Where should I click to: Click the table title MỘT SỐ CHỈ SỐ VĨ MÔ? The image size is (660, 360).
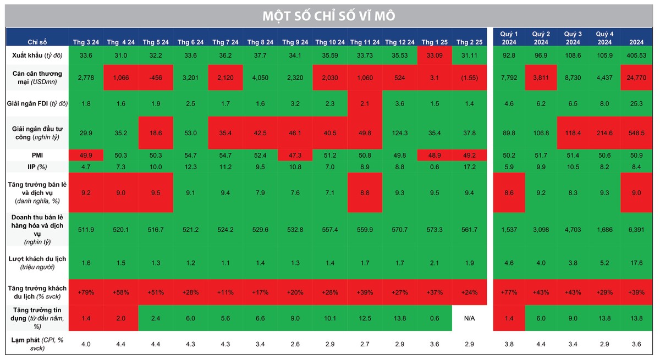329,16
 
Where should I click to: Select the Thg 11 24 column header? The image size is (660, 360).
365,42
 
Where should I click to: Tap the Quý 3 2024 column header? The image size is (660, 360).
573,38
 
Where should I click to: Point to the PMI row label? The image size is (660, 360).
37,156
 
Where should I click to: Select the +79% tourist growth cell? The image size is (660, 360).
85,292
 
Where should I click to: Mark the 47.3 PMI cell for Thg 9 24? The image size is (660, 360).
295,156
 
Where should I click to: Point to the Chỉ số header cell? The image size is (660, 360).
37,42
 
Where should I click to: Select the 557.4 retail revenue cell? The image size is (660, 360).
330,230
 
